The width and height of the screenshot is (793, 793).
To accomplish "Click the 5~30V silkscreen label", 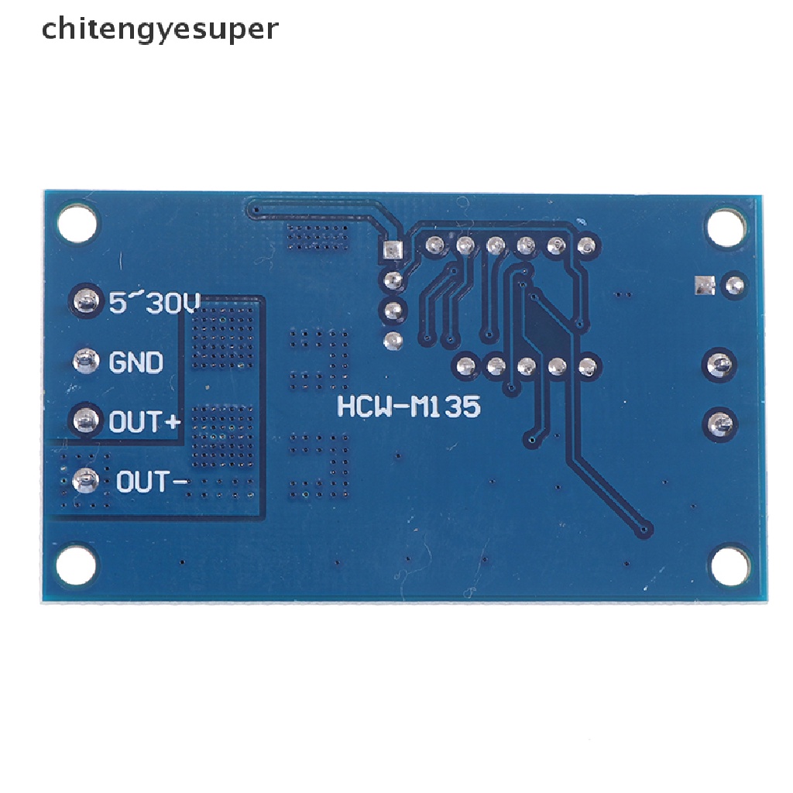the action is (x=155, y=303).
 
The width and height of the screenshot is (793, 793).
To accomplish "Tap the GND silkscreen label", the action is (x=136, y=362).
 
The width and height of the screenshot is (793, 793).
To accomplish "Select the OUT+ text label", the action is (x=145, y=422).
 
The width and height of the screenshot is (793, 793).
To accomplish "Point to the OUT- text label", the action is (x=152, y=482).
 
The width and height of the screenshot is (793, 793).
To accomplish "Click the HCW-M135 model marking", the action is (x=408, y=406).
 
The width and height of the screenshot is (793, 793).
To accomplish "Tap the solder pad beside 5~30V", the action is (x=86, y=300).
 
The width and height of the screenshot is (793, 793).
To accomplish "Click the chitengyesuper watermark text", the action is (x=160, y=29).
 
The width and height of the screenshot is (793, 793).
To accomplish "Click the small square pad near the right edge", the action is (x=703, y=286).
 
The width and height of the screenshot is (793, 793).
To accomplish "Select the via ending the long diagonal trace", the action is (x=644, y=530).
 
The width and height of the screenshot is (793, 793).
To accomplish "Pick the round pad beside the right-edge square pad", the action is (x=732, y=285).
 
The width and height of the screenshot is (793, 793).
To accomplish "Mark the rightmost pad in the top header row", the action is (x=586, y=246).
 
